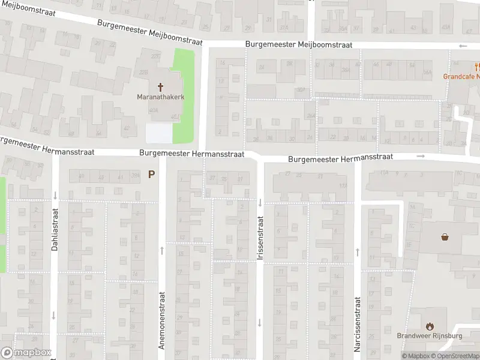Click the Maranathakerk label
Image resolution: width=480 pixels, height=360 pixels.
pyautogui.click(x=160, y=97)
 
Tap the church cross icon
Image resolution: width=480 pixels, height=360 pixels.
pyautogui.click(x=160, y=87)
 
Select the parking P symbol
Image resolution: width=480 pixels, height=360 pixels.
pyautogui.click(x=152, y=175)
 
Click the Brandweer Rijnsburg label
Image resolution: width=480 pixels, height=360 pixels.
pyautogui.click(x=429, y=336)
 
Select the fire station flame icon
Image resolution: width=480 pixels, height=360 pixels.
pyautogui.click(x=430, y=326)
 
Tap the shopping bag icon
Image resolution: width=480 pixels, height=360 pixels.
pyautogui.click(x=445, y=236)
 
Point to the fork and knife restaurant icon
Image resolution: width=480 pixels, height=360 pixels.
pyautogui.click(x=475, y=66)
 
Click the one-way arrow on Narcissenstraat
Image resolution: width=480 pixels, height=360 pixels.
pyautogui.click(x=357, y=251)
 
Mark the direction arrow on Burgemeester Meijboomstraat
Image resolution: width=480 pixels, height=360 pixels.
pyautogui.click(x=462, y=46)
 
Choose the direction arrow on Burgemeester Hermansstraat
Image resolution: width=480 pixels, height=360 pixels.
pyautogui.click(x=421, y=157)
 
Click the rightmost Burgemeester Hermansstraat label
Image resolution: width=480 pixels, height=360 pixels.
pyautogui.click(x=340, y=158)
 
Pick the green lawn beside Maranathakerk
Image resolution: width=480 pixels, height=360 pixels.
pyautogui.click(x=184, y=90)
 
